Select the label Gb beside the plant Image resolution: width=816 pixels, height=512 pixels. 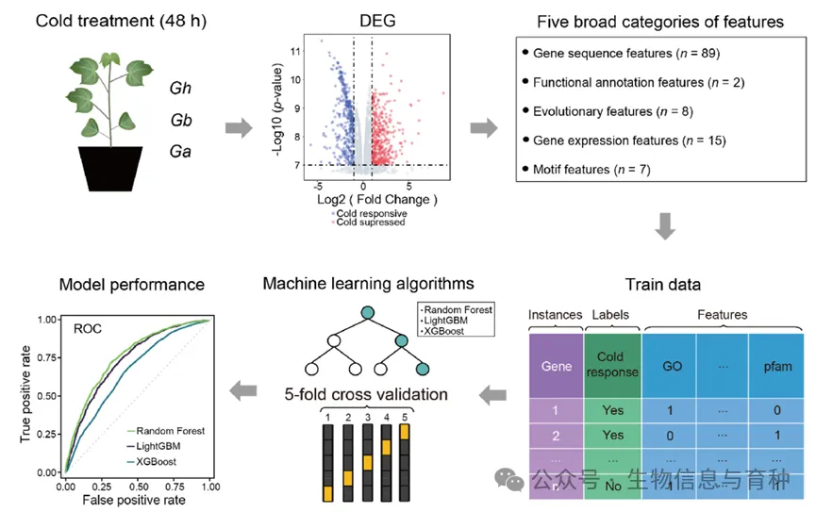click(181, 120)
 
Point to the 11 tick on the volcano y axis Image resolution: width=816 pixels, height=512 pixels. click(295, 51)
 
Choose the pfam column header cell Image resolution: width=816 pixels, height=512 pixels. click(775, 364)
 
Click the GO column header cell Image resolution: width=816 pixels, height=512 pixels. click(669, 364)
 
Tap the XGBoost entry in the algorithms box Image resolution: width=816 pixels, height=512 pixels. click(446, 331)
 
